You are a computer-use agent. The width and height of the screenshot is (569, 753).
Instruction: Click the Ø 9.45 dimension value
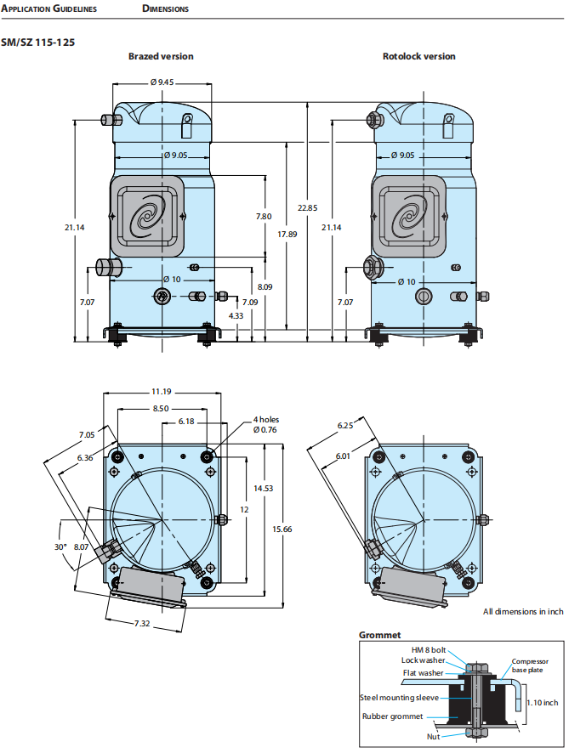[162, 82]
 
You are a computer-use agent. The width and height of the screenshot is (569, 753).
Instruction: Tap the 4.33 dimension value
[236, 315]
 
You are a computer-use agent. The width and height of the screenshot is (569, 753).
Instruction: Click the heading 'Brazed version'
[161, 56]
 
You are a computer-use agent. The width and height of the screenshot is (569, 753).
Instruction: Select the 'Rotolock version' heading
[418, 56]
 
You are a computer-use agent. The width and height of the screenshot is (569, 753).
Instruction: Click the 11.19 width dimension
[162, 392]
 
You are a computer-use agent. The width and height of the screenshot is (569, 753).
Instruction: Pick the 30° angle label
[60, 547]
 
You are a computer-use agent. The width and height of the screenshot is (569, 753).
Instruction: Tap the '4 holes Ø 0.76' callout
[265, 424]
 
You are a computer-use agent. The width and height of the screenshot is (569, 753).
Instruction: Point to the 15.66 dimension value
[282, 529]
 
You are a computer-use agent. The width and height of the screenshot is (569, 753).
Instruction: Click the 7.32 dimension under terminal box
[143, 624]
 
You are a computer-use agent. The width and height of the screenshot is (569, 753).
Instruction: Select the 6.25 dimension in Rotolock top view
[344, 426]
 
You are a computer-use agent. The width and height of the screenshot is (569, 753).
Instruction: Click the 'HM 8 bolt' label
[429, 649]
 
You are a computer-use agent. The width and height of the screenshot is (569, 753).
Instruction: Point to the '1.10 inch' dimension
[541, 703]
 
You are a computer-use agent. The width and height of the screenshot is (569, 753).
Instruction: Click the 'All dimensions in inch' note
[523, 611]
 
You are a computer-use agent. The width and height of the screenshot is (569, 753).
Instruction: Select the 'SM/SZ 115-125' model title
[37, 41]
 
